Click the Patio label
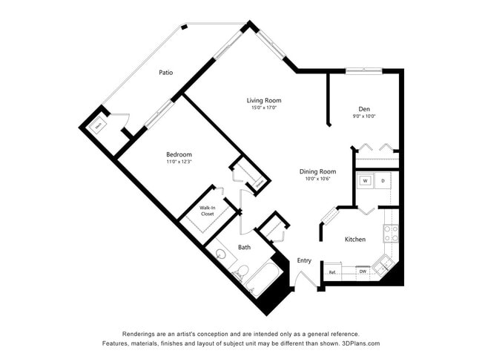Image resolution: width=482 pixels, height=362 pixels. pyautogui.click(x=165, y=73)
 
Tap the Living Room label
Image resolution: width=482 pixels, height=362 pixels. pyautogui.click(x=264, y=100)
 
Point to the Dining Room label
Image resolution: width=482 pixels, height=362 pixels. pyautogui.click(x=317, y=171)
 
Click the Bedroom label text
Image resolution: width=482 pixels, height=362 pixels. pyautogui.click(x=179, y=154)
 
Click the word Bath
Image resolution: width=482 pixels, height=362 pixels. pyautogui.click(x=244, y=247)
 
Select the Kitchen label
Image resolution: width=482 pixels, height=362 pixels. pyautogui.click(x=355, y=240)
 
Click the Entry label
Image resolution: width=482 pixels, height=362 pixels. pyautogui.click(x=304, y=260)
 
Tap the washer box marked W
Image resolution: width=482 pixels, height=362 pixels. pyautogui.click(x=365, y=180)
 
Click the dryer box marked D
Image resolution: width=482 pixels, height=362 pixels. pyautogui.click(x=383, y=180)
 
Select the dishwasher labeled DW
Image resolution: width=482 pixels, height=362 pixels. pyautogui.click(x=363, y=272)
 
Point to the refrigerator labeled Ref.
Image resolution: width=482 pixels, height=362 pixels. pyautogui.click(x=332, y=272)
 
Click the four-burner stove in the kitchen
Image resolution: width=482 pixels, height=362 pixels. pyautogui.click(x=390, y=234)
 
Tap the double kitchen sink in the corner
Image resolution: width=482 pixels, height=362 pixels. pyautogui.click(x=383, y=264)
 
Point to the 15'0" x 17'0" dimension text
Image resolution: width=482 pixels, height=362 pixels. pyautogui.click(x=264, y=108)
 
